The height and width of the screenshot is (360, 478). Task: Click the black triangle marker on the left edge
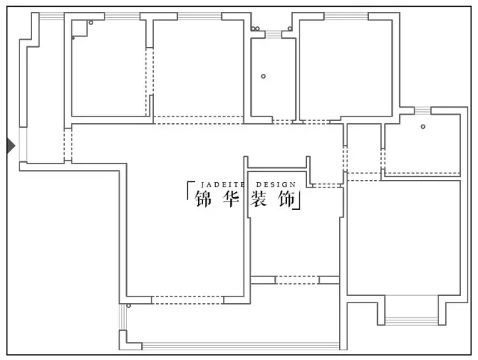(x=10, y=146)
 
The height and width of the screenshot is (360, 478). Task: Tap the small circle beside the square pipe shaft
(x=91, y=23)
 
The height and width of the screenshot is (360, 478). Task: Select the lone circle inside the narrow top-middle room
(x=263, y=76)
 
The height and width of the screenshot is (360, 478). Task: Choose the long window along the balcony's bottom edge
(x=239, y=346)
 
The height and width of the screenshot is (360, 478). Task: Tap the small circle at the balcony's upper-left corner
(x=128, y=305)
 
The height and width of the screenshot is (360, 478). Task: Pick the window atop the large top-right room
(x=345, y=16)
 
